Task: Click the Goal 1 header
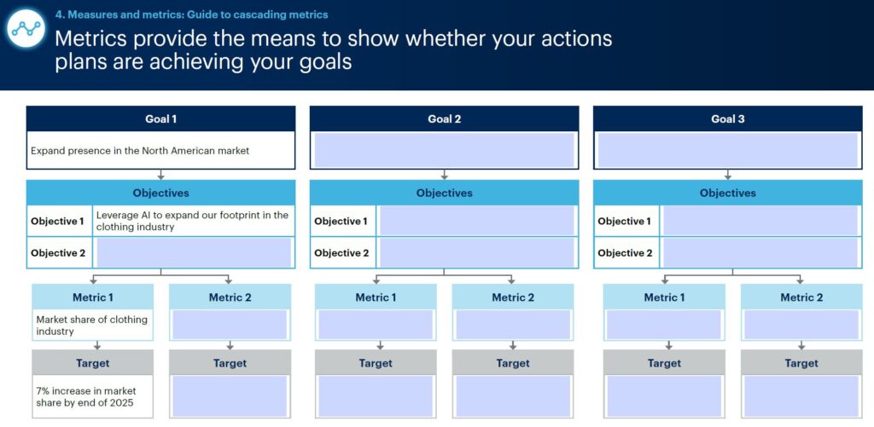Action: pos(160,118)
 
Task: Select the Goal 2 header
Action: pos(444,118)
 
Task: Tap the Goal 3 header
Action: pos(727,118)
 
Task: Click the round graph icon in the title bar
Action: pos(26,29)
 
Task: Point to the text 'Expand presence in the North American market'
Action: pos(140,150)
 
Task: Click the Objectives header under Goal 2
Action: pos(444,193)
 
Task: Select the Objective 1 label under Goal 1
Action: pos(57,221)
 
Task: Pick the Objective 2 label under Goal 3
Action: pos(625,253)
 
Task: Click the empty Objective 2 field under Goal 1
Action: pos(194,253)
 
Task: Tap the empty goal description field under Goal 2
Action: pos(444,150)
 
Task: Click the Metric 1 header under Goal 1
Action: pos(92,297)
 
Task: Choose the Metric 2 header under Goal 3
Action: pos(801,297)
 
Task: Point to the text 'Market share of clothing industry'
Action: pos(92,325)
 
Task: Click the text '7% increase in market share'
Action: pos(86,396)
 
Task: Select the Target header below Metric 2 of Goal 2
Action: pos(513,363)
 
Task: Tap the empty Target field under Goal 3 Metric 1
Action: pos(664,396)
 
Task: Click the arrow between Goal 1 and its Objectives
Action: pos(160,174)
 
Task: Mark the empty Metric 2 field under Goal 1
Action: pos(230,325)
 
